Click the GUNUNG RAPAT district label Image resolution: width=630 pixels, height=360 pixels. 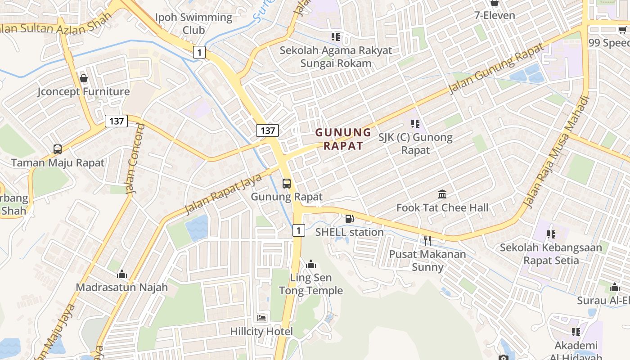click(x=343, y=139)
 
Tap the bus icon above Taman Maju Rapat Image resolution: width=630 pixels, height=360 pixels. click(x=57, y=149)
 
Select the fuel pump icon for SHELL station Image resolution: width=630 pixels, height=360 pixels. click(x=349, y=219)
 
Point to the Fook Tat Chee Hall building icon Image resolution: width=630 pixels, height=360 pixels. click(x=442, y=194)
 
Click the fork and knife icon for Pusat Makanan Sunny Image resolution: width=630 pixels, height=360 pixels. click(x=427, y=240)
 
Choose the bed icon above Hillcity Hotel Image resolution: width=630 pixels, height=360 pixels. click(x=261, y=318)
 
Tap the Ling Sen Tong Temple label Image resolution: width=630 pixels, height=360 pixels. click(x=311, y=284)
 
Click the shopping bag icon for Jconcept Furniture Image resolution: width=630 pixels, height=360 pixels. click(x=84, y=78)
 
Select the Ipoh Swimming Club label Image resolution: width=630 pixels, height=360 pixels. click(x=194, y=24)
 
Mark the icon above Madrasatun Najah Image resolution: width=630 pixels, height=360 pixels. click(x=121, y=274)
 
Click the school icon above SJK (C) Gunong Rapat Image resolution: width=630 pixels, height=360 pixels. click(x=415, y=123)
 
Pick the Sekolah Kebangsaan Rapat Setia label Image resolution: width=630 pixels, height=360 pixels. click(x=551, y=254)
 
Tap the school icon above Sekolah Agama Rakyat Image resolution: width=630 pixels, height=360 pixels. click(x=336, y=36)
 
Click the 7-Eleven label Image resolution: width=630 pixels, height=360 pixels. click(x=495, y=15)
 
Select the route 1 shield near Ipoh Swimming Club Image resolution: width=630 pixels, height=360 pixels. click(x=199, y=52)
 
